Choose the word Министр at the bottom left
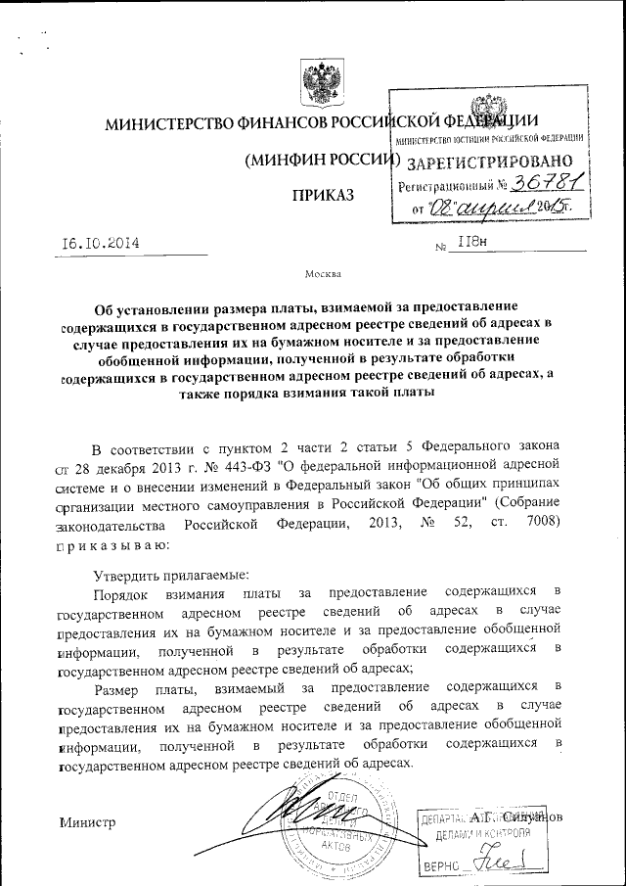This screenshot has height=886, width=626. click(x=87, y=820)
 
